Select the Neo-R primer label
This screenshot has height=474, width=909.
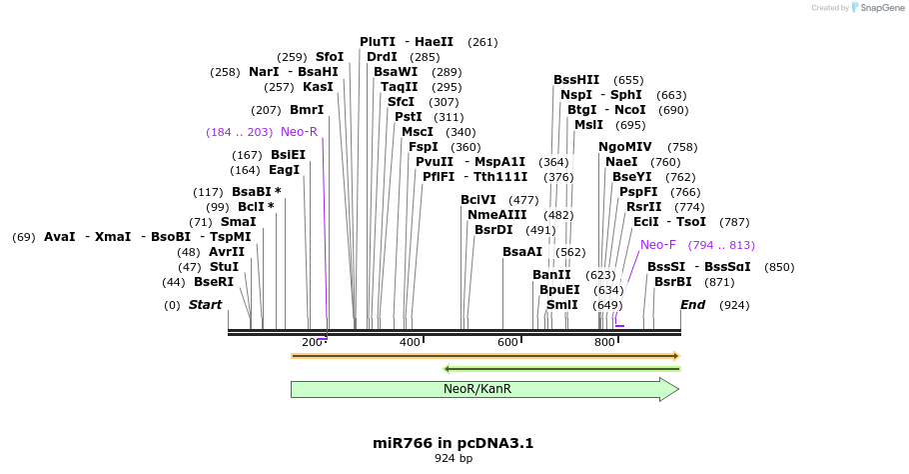[x=299, y=132]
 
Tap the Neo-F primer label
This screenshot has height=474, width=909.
[x=658, y=245]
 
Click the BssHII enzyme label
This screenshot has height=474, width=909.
[x=576, y=80]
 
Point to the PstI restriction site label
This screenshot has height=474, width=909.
[x=409, y=117]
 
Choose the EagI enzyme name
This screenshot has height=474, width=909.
[x=284, y=170]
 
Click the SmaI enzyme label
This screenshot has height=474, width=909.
[x=238, y=222]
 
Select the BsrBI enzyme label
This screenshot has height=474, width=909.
[x=673, y=282]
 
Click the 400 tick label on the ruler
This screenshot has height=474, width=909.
[x=409, y=343]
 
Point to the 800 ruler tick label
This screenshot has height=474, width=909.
[x=604, y=343]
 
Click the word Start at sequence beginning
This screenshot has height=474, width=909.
[x=205, y=305]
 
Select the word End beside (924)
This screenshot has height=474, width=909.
[x=692, y=305]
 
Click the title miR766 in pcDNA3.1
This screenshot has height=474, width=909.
[x=453, y=442]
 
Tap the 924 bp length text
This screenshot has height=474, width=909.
[x=453, y=459]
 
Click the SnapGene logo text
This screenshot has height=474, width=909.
[x=878, y=8]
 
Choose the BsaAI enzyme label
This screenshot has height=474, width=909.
[x=522, y=252]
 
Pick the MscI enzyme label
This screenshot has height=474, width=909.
[x=418, y=132]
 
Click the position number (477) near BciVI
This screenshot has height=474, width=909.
[x=523, y=200]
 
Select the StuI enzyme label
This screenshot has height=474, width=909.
[x=224, y=267]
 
